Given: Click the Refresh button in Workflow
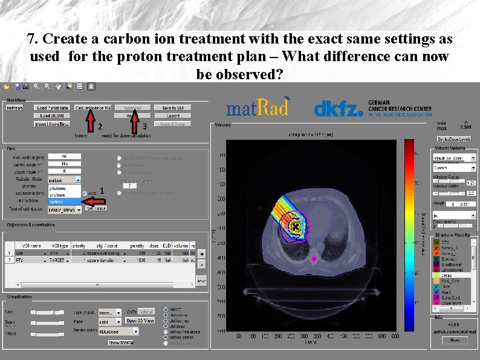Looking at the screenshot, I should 15,108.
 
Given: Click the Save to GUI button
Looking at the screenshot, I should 174,108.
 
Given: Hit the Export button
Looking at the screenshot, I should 174,116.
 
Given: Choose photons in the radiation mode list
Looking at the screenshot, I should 58,188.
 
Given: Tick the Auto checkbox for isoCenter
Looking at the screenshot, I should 85,193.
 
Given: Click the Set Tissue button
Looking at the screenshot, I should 96,208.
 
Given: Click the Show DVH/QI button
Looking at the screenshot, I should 122,342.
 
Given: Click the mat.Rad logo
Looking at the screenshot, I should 258,108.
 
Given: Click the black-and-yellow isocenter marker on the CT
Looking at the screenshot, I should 296,227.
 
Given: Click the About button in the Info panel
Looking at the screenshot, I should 455,340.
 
